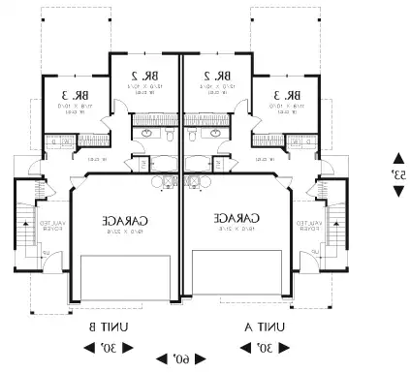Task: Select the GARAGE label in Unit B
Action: coord(119,221)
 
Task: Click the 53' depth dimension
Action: coord(397,174)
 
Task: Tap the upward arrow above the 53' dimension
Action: coord(397,158)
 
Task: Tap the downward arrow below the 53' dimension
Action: coord(397,191)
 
